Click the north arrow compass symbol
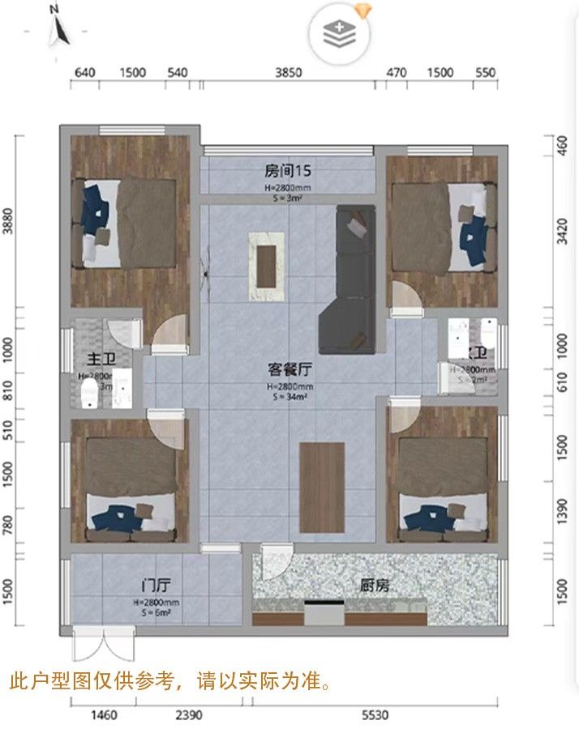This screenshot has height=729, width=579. point(58,26)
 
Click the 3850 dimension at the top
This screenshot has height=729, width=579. point(288,72)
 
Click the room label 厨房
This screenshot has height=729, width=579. point(375,586)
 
